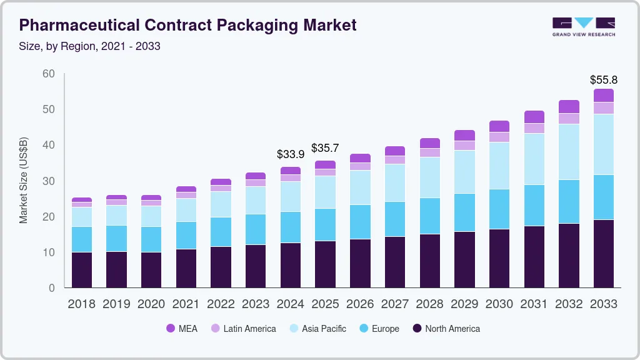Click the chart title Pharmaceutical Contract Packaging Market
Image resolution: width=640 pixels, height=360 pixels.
click(x=187, y=25)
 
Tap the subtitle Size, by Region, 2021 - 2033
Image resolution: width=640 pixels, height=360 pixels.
click(x=89, y=47)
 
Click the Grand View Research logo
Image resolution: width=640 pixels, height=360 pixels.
click(x=583, y=26)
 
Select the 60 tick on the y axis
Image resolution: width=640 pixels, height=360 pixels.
click(x=49, y=74)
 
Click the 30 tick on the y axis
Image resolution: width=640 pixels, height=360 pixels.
click(x=49, y=181)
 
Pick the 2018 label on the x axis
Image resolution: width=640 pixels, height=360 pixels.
click(x=82, y=304)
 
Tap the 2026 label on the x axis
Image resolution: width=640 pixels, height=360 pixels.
click(x=360, y=304)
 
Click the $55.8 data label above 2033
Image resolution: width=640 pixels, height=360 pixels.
click(x=603, y=80)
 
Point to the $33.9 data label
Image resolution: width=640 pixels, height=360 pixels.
click(x=290, y=154)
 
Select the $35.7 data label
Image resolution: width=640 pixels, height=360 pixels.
click(x=325, y=148)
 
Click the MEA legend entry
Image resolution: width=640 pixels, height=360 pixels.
click(x=182, y=329)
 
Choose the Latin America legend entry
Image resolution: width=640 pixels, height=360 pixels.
click(x=243, y=329)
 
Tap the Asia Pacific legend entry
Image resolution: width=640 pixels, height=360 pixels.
click(x=317, y=329)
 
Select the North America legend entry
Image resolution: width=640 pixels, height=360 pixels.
click(x=446, y=329)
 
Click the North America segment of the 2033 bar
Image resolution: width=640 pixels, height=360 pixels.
click(x=603, y=253)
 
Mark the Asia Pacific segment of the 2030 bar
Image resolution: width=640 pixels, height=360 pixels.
click(x=499, y=166)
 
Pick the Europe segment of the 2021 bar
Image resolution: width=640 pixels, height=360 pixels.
click(x=186, y=235)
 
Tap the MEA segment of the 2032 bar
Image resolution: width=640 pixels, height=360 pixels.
click(x=569, y=106)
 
